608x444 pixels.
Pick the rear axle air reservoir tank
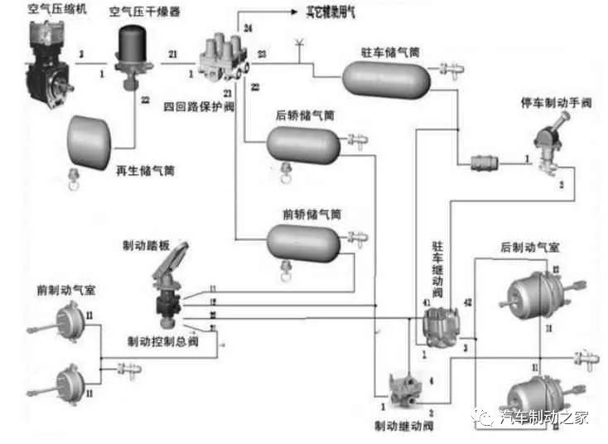(303, 146)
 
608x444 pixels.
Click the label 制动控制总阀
(163, 342)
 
